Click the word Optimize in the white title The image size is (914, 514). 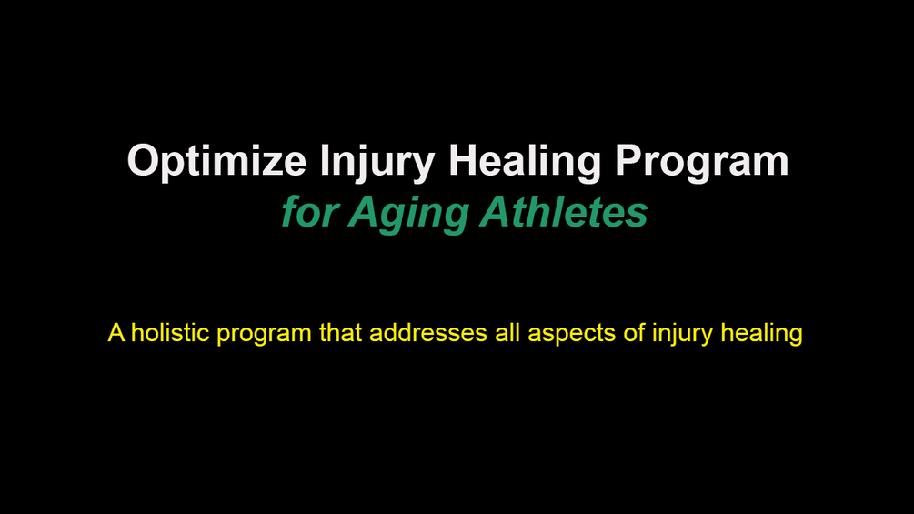pyautogui.click(x=216, y=161)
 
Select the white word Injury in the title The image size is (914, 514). pyautogui.click(x=377, y=161)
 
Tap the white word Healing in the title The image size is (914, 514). pyautogui.click(x=525, y=161)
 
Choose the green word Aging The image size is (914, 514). pyautogui.click(x=409, y=214)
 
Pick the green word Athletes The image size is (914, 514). pyautogui.click(x=564, y=211)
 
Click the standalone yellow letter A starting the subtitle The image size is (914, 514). pyautogui.click(x=116, y=333)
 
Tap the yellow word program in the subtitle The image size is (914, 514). pyautogui.click(x=264, y=335)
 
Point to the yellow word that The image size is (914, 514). pyautogui.click(x=340, y=333)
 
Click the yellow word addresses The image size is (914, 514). pyautogui.click(x=427, y=333)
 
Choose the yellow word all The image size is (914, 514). pyautogui.click(x=507, y=333)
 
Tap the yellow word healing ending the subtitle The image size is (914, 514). pyautogui.click(x=762, y=335)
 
